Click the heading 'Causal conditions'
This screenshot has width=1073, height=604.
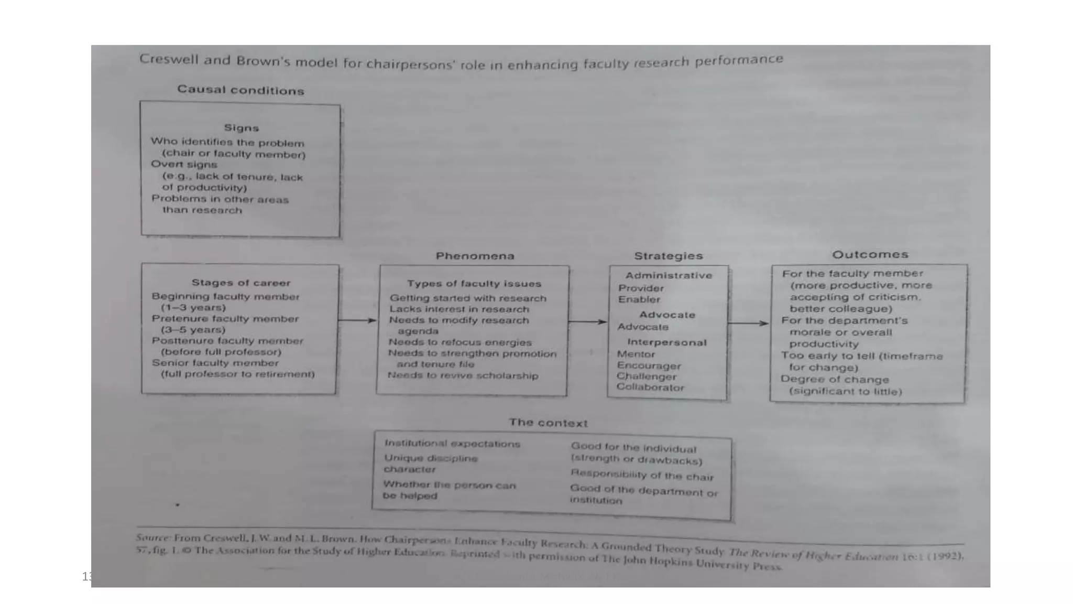240,90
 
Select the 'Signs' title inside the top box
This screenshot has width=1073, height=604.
242,128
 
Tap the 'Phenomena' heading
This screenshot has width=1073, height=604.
475,256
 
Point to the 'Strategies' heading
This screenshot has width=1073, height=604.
668,256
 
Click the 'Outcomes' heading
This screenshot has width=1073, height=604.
870,255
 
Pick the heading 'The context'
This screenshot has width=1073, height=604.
548,423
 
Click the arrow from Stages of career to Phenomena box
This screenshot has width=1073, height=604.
357,320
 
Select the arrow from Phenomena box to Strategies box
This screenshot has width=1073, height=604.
587,321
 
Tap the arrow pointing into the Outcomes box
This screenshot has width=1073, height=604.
748,323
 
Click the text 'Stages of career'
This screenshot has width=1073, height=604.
240,283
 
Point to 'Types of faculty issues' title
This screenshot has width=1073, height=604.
474,284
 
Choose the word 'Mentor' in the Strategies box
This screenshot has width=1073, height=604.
636,354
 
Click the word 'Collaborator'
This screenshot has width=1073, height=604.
650,387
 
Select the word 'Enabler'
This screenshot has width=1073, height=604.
639,299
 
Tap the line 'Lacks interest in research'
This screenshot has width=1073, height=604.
459,309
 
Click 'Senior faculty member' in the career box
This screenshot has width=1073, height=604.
215,363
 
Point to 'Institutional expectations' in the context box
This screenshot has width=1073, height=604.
452,444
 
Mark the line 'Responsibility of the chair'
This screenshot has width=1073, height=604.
642,475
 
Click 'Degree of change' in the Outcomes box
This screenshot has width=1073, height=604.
834,379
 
